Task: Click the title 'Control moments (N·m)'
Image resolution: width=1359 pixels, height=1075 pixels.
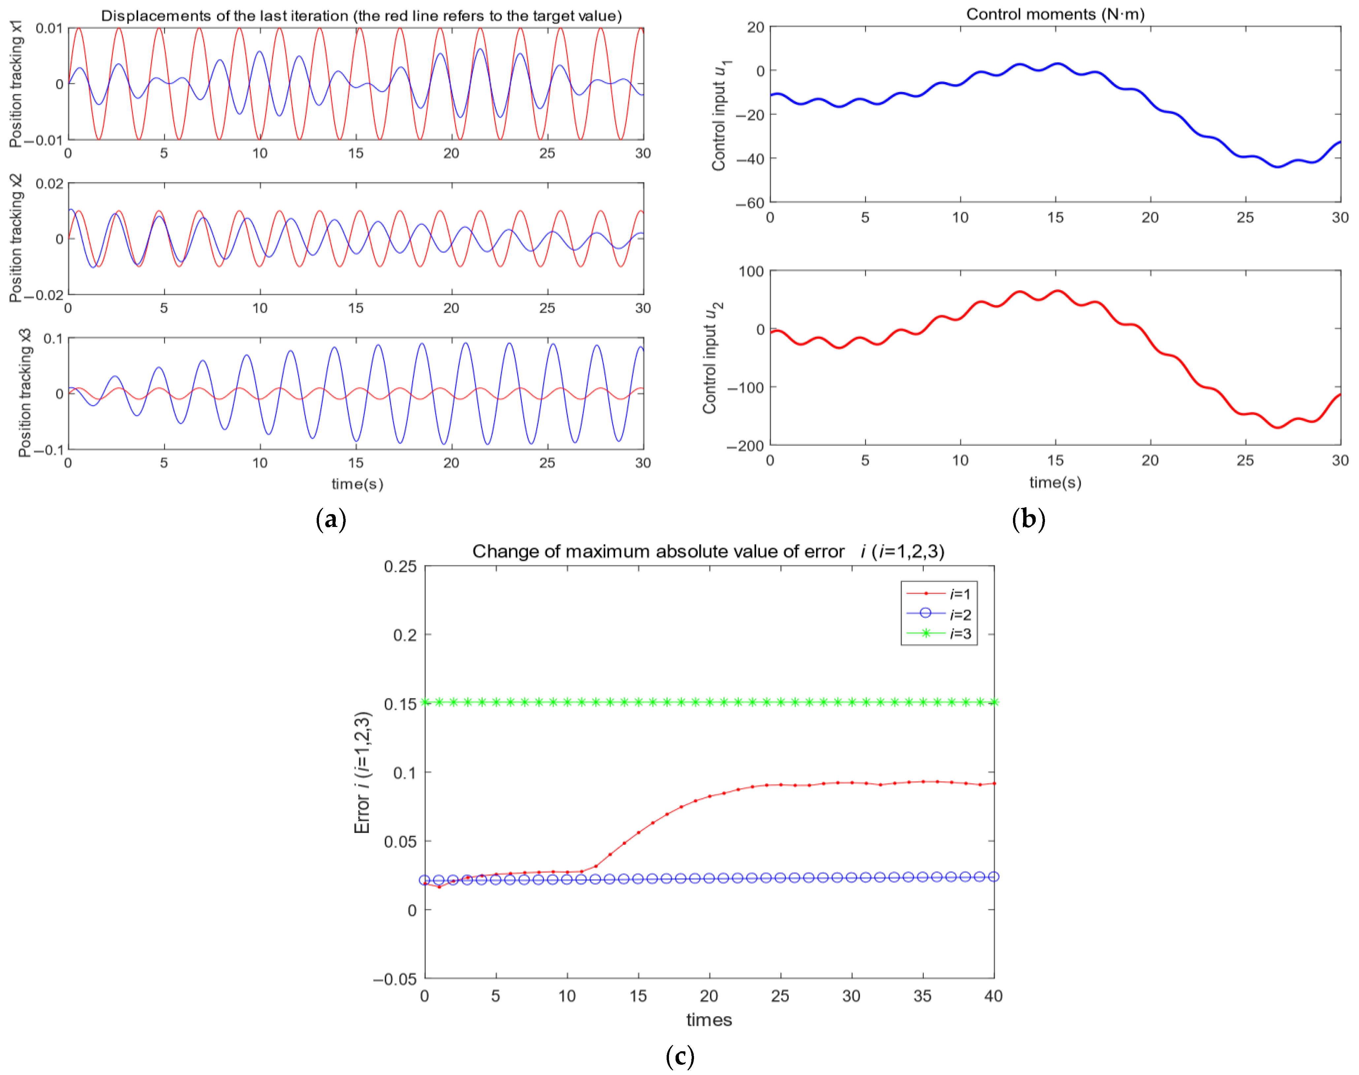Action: click(1055, 14)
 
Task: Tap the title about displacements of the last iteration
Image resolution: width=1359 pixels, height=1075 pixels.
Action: click(361, 16)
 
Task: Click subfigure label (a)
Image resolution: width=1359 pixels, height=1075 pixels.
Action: click(331, 519)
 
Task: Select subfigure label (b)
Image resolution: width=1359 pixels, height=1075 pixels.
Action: click(1028, 519)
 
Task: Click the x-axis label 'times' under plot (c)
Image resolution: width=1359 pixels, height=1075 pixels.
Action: click(709, 1020)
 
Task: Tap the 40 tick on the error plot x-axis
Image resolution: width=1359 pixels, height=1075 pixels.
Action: click(993, 996)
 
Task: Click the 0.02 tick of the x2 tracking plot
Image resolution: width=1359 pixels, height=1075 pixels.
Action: click(49, 184)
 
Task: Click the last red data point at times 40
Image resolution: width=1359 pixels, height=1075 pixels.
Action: click(994, 783)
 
